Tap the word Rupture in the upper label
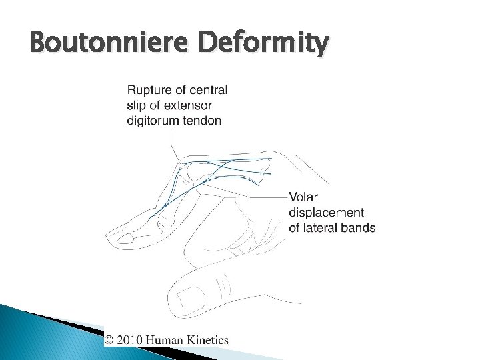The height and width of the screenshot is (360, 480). [147, 90]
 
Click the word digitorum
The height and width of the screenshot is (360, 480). [152, 121]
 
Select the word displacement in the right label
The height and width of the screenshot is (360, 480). [326, 213]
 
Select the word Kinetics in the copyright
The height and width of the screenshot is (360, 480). [210, 339]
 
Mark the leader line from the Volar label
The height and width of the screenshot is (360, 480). [270, 197]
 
